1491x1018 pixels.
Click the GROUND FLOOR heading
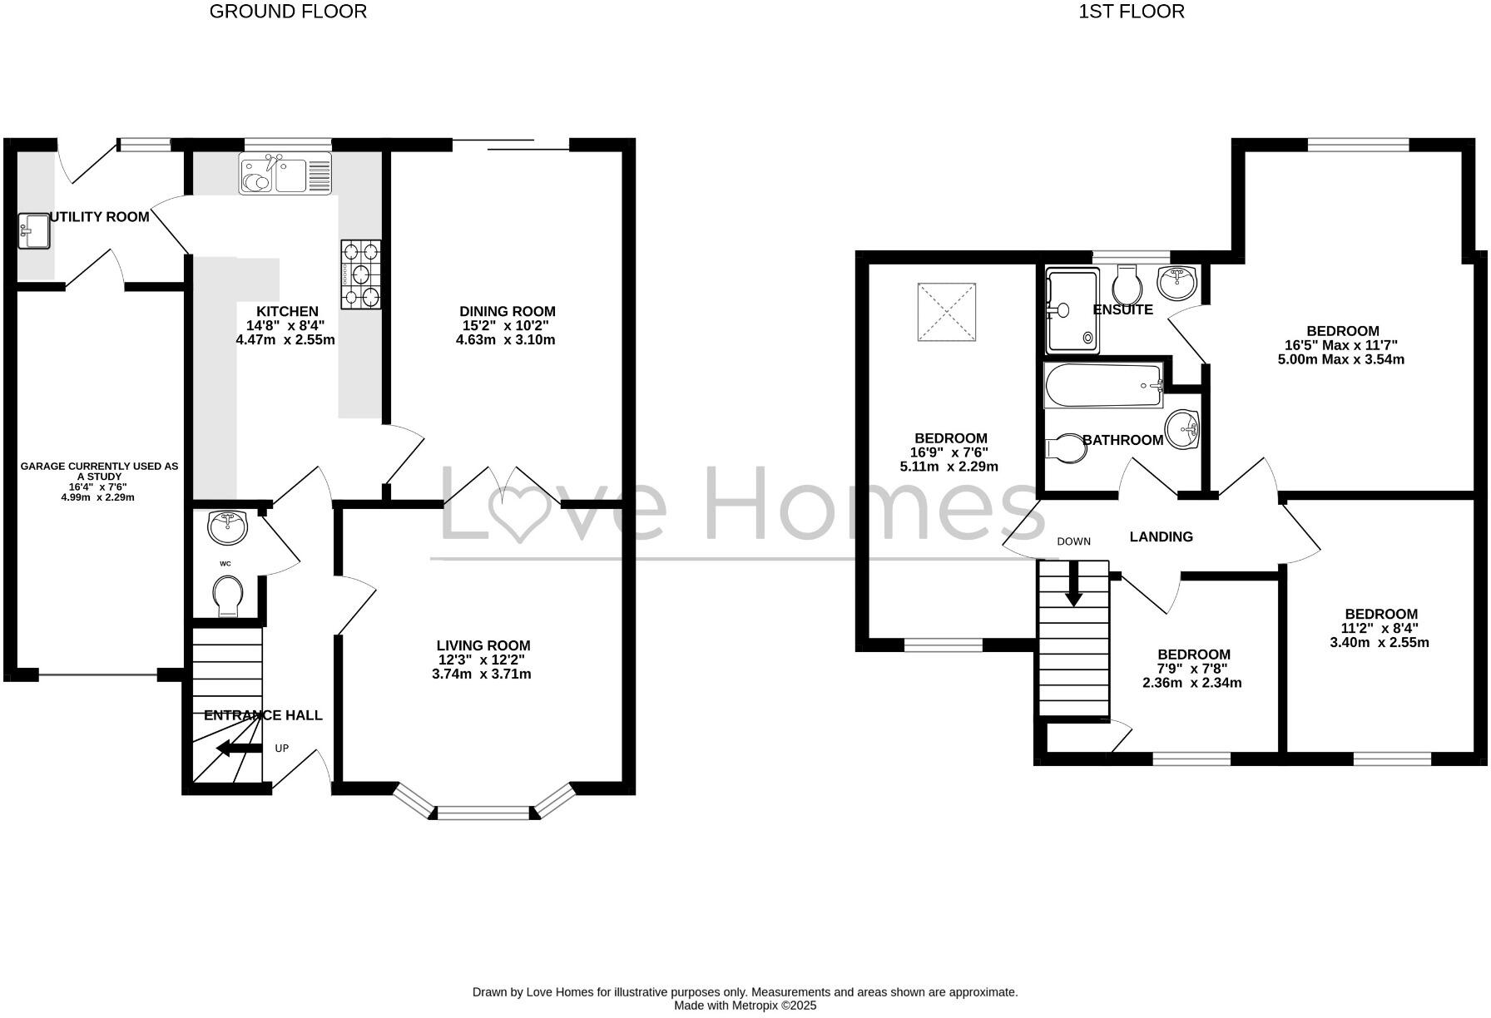(287, 12)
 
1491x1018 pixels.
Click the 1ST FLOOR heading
(1131, 12)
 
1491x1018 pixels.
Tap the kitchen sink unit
(285, 174)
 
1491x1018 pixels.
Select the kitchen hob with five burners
(361, 274)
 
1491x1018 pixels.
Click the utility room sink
(35, 230)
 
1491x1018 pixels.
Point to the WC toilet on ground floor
(228, 596)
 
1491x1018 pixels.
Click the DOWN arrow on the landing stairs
(1074, 585)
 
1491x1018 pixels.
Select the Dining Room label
(507, 311)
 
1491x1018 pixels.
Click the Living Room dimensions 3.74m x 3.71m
(481, 674)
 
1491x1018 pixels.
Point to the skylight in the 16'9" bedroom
(946, 312)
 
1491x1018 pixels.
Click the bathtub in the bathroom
(1104, 386)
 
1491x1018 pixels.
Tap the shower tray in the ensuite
(1072, 309)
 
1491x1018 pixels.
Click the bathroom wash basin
(1183, 429)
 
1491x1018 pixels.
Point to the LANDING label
(1161, 536)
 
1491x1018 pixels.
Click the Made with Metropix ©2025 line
(745, 1005)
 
